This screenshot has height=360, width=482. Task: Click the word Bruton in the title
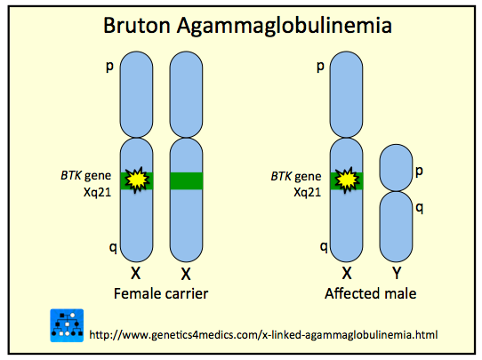coord(137,25)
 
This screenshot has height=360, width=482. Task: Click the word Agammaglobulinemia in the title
coord(285,27)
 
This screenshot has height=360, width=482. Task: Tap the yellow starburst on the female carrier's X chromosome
coord(137,180)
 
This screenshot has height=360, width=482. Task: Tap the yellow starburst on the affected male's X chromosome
coord(347,180)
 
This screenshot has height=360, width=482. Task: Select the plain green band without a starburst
coord(186,181)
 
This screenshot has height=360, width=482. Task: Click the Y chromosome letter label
coord(397,273)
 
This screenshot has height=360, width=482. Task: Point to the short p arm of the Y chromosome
coord(396,168)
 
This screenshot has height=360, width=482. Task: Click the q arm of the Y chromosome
coord(396,227)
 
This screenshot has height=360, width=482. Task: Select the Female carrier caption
coord(161,293)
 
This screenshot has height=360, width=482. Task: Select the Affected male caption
coord(371,293)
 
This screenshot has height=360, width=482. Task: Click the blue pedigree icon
coord(67,325)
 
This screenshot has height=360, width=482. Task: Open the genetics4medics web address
coord(263,334)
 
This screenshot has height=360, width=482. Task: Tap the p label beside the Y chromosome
coord(419,172)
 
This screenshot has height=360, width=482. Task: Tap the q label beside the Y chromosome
coord(419,209)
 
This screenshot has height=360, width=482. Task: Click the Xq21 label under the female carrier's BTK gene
coord(97,192)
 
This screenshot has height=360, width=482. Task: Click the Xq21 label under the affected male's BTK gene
coord(307,192)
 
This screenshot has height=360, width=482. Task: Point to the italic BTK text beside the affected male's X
coord(281,176)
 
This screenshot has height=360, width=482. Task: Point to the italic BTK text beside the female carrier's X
coord(71,175)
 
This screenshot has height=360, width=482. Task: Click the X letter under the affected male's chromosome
coord(347,273)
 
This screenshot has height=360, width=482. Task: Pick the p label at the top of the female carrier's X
coord(109,67)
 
